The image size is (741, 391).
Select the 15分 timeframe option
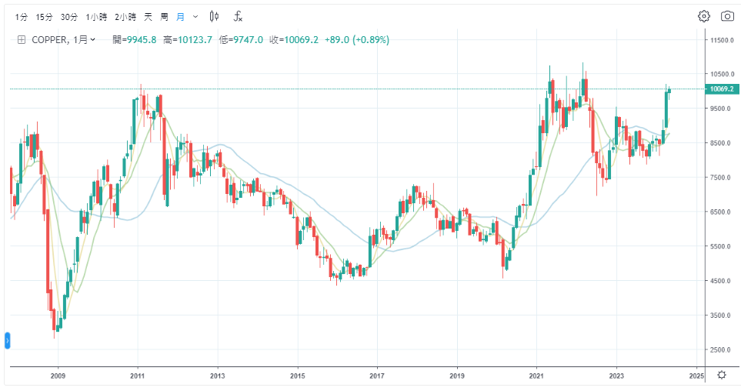(x=45, y=16)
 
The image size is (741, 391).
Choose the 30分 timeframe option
(x=69, y=16)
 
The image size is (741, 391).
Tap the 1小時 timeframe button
(x=96, y=16)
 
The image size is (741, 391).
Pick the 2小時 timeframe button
(x=125, y=16)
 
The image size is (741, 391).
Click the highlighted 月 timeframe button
(x=180, y=16)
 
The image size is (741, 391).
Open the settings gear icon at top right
(x=703, y=16)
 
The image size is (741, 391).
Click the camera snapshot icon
(x=727, y=16)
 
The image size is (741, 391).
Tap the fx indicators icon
(x=239, y=16)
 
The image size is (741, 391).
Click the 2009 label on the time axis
(x=58, y=376)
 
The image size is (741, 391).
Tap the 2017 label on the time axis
(x=377, y=376)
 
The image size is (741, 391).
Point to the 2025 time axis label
(x=696, y=376)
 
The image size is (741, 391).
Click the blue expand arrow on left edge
(x=8, y=339)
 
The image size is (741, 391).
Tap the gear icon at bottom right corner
(x=721, y=375)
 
